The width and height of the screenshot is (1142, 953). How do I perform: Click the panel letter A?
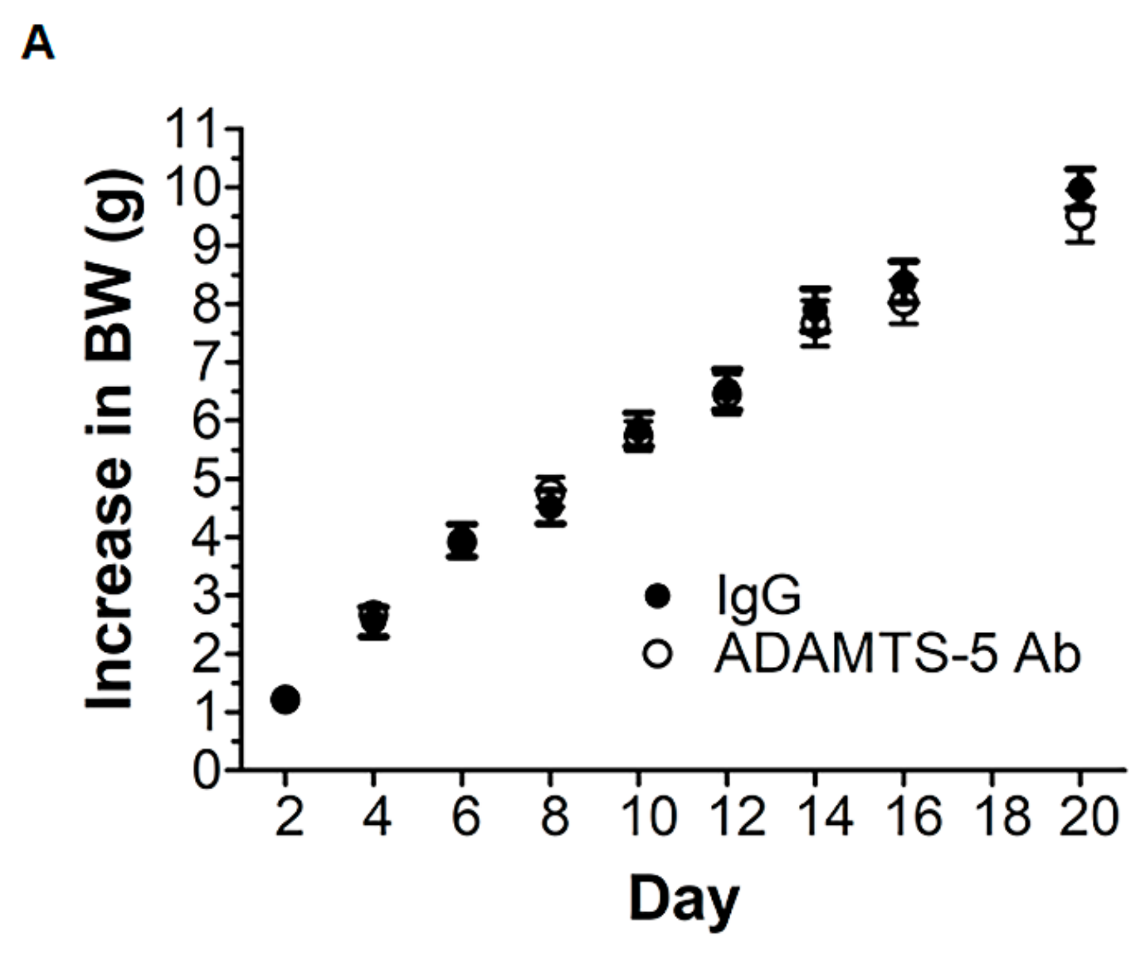pos(38,44)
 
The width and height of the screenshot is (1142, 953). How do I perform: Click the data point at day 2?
pos(285,699)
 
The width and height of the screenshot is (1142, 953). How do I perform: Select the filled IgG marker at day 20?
pos(1080,190)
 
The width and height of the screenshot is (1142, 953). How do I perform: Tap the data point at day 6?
pos(462,541)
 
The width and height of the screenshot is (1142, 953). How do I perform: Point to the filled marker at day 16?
pos(904,281)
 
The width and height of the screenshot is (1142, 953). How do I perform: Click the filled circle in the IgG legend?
pos(658,596)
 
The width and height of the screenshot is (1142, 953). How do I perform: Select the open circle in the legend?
pos(658,654)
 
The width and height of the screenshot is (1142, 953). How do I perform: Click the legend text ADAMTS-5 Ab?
pos(897,654)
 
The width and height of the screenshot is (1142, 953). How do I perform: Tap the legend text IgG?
pos(759,596)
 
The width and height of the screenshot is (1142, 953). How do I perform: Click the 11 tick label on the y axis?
pos(192,129)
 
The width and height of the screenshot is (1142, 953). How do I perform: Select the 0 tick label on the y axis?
pos(207,770)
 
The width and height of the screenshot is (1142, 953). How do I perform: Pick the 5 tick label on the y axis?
pos(207,479)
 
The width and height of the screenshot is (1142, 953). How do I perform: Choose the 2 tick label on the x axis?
pos(289,817)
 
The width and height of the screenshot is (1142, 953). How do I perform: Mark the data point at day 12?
pos(727,392)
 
